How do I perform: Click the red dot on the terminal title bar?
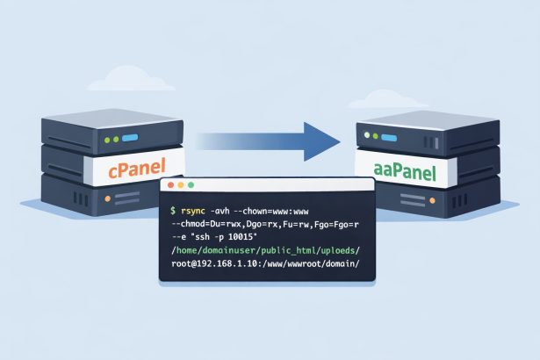169,186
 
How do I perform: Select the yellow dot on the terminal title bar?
178,186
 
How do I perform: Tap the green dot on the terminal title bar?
188,186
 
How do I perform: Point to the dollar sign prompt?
173,212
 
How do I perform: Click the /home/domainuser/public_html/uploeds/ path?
263,250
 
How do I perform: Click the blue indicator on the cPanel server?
130,138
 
